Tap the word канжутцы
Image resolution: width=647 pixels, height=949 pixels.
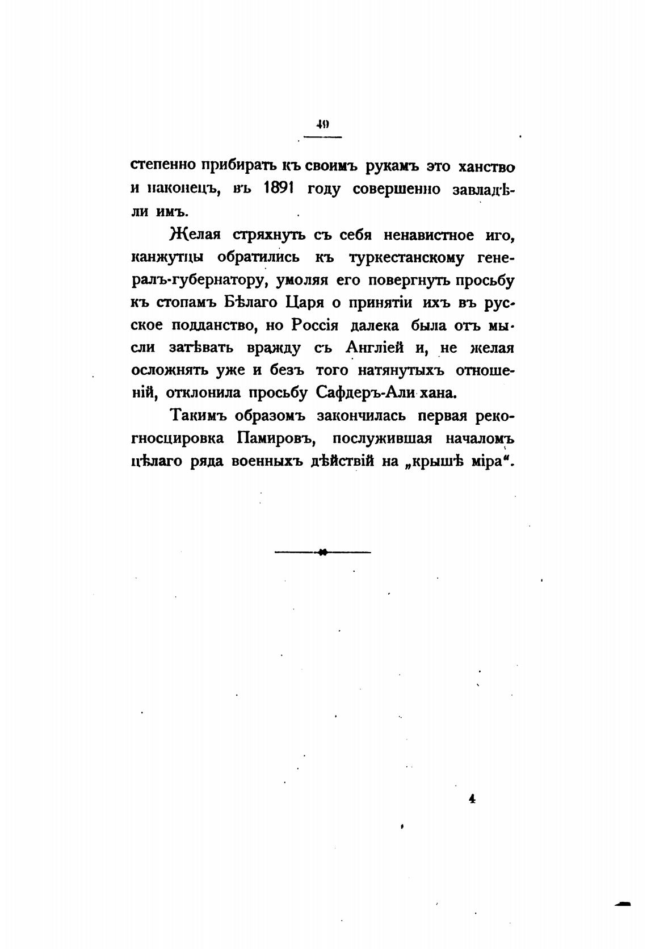click(x=167, y=257)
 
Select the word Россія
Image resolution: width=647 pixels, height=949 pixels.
click(x=316, y=325)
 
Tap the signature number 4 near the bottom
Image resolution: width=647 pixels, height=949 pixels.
click(x=472, y=799)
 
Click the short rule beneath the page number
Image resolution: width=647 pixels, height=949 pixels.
click(x=323, y=137)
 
